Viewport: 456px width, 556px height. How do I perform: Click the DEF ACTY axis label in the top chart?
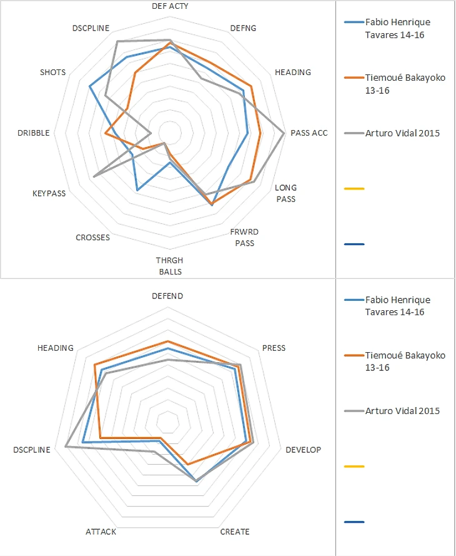pyautogui.click(x=170, y=6)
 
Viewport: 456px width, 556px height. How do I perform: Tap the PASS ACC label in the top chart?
pyautogui.click(x=309, y=133)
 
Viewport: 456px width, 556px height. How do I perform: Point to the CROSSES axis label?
pyautogui.click(x=92, y=238)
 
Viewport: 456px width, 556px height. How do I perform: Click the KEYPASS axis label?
pyautogui.click(x=49, y=193)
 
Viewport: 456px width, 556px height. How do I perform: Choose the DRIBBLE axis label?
pyautogui.click(x=33, y=133)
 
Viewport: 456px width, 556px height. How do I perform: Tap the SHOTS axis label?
pyautogui.click(x=52, y=73)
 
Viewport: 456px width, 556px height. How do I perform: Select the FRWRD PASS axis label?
pyautogui.click(x=245, y=238)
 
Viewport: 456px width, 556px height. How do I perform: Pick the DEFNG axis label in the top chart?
pyautogui.click(x=243, y=28)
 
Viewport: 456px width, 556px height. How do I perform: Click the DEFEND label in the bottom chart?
pyautogui.click(x=167, y=296)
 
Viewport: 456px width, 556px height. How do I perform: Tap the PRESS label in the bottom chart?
pyautogui.click(x=274, y=348)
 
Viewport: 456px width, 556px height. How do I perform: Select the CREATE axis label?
pyautogui.click(x=235, y=532)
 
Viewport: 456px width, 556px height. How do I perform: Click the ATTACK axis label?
pyautogui.click(x=101, y=532)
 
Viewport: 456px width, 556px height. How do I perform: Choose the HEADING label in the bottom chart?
pyautogui.click(x=56, y=348)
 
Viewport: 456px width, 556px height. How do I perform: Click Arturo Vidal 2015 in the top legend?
pyautogui.click(x=402, y=133)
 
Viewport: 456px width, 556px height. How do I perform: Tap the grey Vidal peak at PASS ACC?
pyautogui.click(x=284, y=133)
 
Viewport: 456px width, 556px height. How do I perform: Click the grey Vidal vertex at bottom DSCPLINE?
pyautogui.click(x=66, y=446)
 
